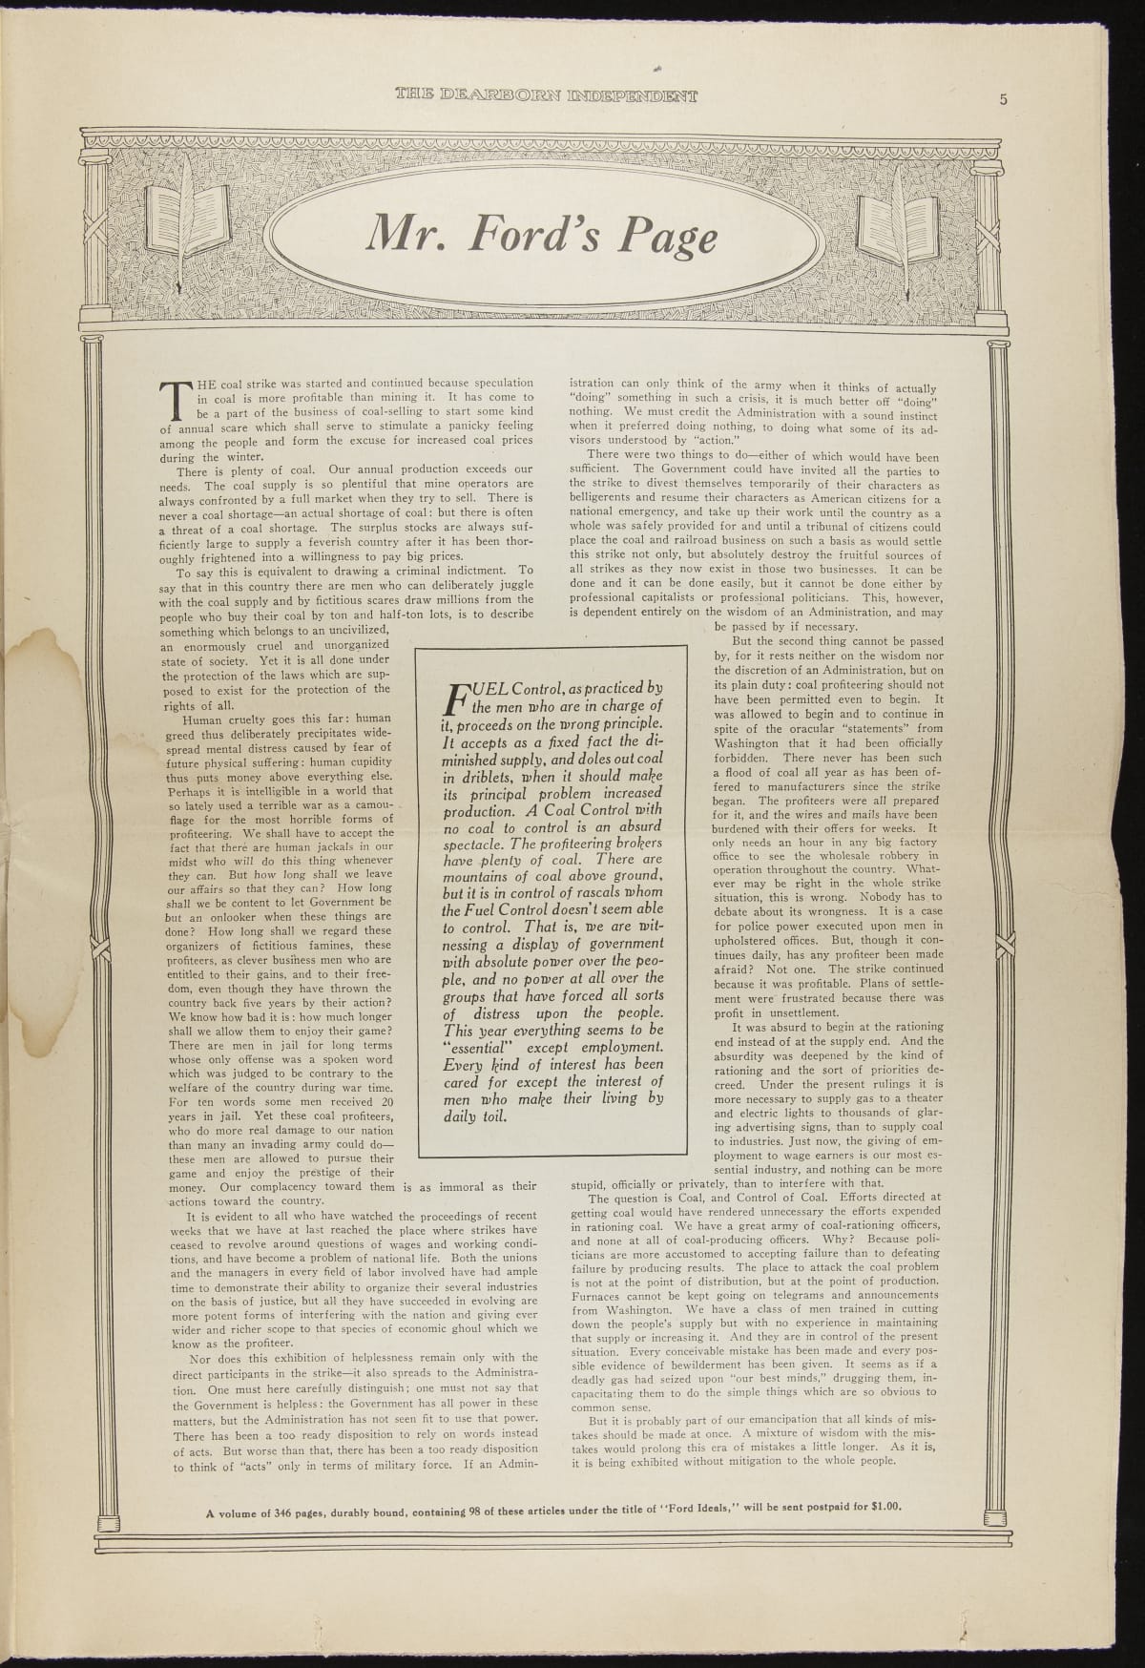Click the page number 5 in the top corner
click(1005, 100)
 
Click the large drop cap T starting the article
click(174, 402)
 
